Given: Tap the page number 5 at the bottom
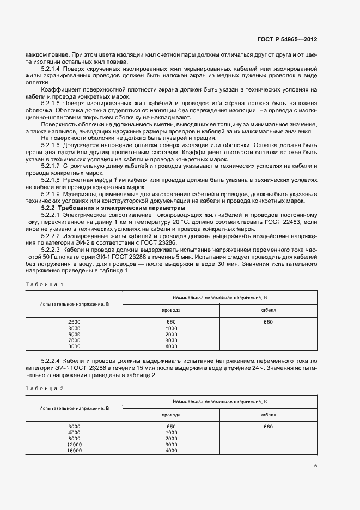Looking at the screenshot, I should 315,465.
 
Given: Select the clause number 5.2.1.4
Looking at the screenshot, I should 52,69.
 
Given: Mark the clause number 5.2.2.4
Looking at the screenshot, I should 52,362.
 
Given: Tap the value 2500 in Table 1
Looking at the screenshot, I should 74,322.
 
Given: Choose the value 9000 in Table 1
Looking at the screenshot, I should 74,346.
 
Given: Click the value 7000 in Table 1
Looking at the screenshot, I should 74,340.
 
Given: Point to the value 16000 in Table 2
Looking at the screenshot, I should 74,450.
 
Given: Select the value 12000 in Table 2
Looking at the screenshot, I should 74,444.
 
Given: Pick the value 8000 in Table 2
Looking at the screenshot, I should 74,438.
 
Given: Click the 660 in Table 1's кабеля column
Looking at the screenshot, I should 268,322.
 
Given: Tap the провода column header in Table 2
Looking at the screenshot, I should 171,414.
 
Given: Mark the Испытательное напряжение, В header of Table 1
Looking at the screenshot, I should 74,303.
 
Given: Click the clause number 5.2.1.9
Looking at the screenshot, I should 52,193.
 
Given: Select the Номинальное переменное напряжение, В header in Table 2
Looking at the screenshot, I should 219,402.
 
